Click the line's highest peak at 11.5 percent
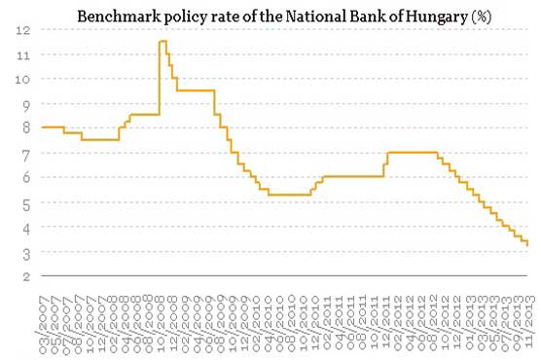162,41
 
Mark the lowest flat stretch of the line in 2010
288,195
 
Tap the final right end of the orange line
528,245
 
